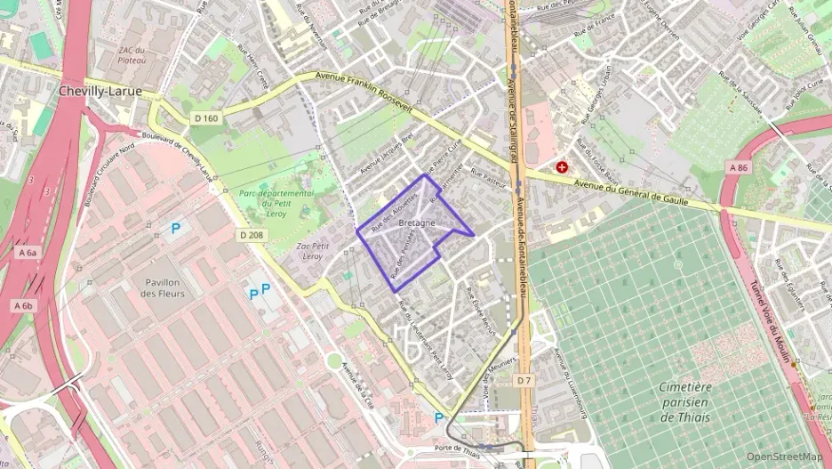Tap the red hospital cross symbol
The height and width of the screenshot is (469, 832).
[x=562, y=166]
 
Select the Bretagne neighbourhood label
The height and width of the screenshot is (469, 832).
[x=417, y=222]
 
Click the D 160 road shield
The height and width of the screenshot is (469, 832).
[x=205, y=118]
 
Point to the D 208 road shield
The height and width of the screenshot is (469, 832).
[x=252, y=235]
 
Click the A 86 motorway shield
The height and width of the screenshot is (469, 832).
[x=739, y=167]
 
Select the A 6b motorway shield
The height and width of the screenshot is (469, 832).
[x=23, y=305]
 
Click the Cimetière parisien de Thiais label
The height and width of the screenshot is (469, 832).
[x=685, y=401]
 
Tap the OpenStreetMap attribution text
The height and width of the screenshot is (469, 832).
[x=783, y=457]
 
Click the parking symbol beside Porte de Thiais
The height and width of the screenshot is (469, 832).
[x=438, y=417]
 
